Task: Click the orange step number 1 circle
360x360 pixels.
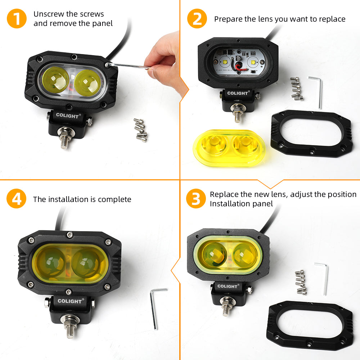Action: coord(17,19)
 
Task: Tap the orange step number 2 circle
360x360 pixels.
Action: coord(197,19)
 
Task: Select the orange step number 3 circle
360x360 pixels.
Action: coord(196,199)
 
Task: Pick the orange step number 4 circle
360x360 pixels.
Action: coord(17,199)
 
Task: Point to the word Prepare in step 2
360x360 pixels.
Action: coord(228,19)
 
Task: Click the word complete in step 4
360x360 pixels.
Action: coord(114,199)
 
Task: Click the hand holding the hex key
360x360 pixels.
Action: coord(164,54)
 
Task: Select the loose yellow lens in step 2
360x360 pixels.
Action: coord(230,147)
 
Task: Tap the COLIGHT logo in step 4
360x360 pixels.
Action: coord(70,301)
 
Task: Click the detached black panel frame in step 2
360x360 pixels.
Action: coord(311,133)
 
